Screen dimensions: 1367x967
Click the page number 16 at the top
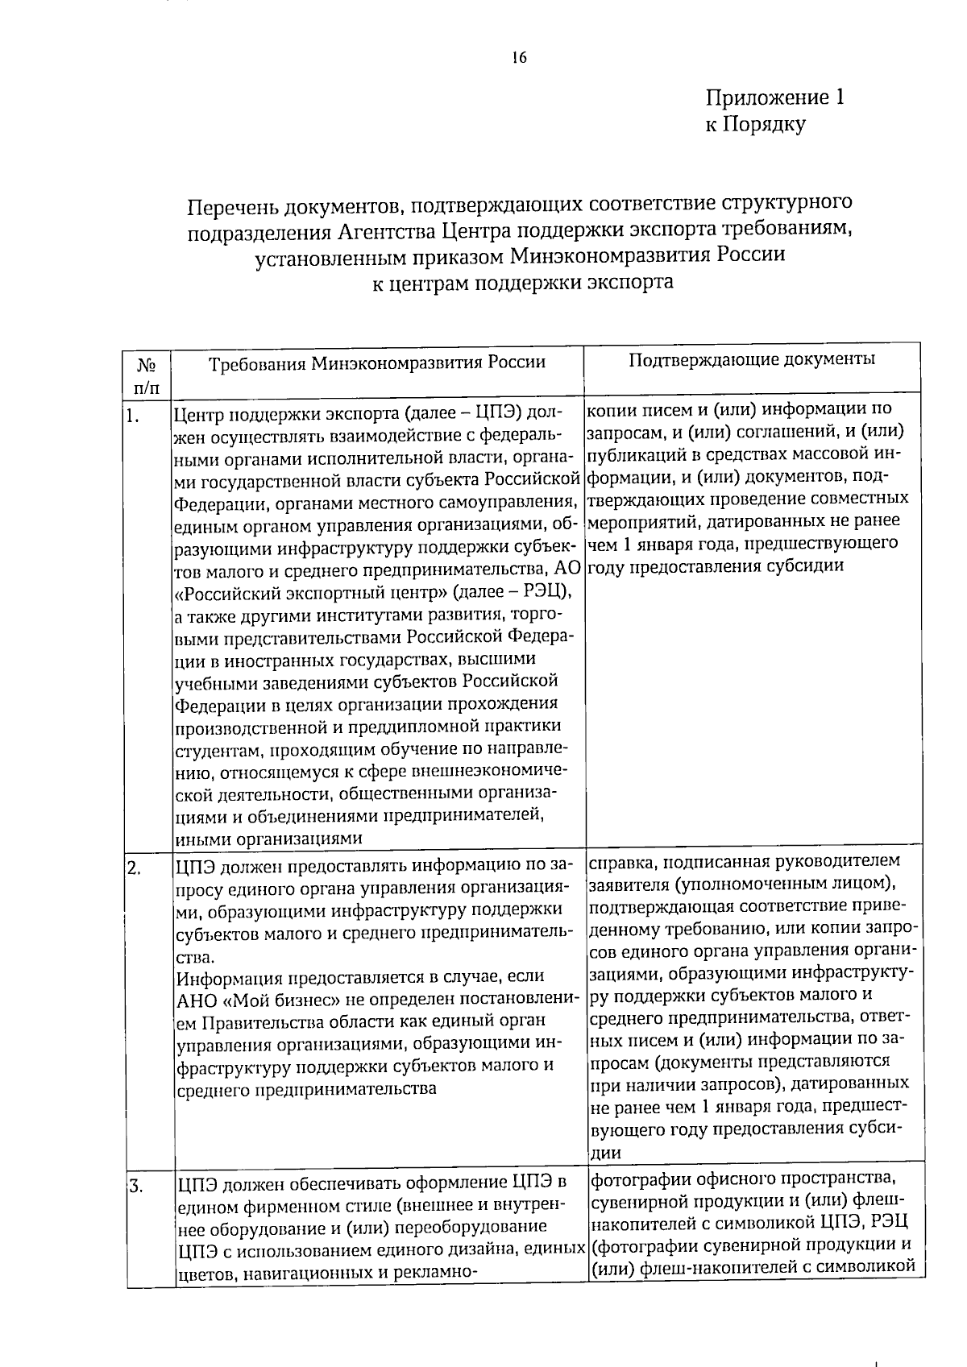pyautogui.click(x=518, y=58)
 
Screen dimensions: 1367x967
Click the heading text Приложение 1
pyautogui.click(x=774, y=98)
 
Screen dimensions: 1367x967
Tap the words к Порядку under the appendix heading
pyautogui.click(x=754, y=125)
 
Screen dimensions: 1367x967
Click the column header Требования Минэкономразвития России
pyautogui.click(x=377, y=362)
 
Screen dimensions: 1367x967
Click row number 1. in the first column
pyautogui.click(x=134, y=416)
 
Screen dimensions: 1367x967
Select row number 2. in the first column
pyautogui.click(x=135, y=868)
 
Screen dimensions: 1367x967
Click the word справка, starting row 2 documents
pyautogui.click(x=620, y=863)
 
